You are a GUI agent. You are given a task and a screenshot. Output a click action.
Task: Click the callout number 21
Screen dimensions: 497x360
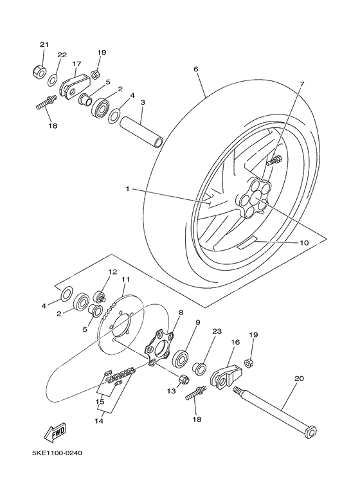pyautogui.click(x=44, y=44)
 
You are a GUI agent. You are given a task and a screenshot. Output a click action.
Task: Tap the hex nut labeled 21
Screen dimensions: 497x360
pyautogui.click(x=38, y=71)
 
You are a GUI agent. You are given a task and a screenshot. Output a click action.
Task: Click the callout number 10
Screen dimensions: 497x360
pyautogui.click(x=304, y=243)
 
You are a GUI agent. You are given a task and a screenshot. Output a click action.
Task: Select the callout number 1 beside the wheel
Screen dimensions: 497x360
pyautogui.click(x=127, y=189)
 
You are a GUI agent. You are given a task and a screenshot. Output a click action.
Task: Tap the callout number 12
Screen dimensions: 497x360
pyautogui.click(x=112, y=272)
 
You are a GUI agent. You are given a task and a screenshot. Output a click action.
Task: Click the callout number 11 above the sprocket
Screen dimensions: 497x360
pyautogui.click(x=125, y=280)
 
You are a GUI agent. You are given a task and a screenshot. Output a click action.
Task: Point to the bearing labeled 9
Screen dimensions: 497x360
pyautogui.click(x=181, y=358)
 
